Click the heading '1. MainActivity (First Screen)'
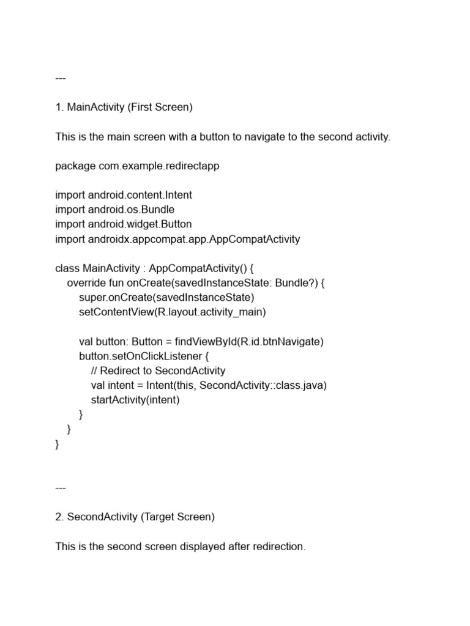[x=124, y=108]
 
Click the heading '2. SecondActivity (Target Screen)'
[x=135, y=517]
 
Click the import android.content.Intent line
[x=123, y=196]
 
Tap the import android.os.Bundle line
[x=114, y=210]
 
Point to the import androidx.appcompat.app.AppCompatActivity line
[x=177, y=240]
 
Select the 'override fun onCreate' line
[x=199, y=283]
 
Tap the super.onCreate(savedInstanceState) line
[x=166, y=298]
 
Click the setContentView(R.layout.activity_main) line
[x=173, y=312]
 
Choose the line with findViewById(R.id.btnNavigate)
[x=201, y=342]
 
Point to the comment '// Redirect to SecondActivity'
[x=158, y=371]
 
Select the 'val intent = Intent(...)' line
[x=209, y=386]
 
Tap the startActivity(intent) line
[x=135, y=400]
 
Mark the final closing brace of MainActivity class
[x=58, y=444]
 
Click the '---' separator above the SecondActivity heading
[x=60, y=488]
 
